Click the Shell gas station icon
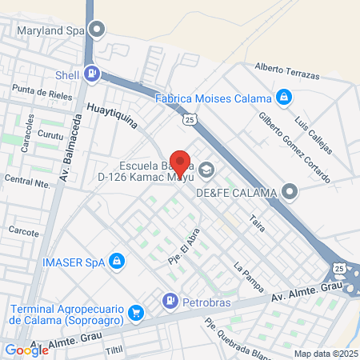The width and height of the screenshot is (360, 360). pyautogui.click(x=94, y=74)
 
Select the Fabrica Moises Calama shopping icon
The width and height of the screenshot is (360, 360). pyautogui.click(x=282, y=98)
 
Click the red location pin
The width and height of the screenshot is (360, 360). pyautogui.click(x=180, y=162)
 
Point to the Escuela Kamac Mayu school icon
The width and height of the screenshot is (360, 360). pyautogui.click(x=207, y=170)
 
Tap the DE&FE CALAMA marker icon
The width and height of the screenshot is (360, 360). pyautogui.click(x=290, y=192)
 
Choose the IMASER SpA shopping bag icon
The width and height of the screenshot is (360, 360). pyautogui.click(x=118, y=261)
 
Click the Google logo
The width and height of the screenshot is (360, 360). pyautogui.click(x=26, y=350)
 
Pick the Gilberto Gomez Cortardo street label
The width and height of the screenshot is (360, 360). pyautogui.click(x=294, y=146)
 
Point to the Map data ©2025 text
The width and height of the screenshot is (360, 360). pyautogui.click(x=325, y=354)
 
